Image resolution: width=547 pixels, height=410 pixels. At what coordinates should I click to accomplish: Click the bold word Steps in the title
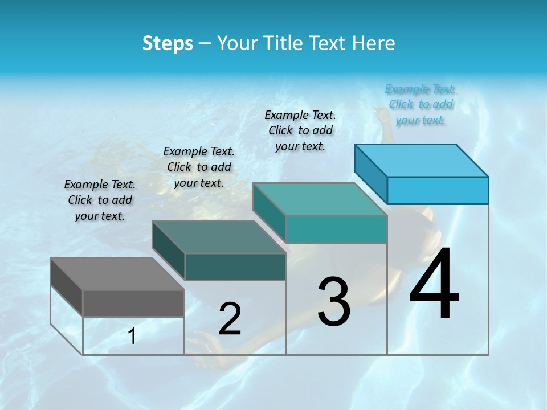(168, 43)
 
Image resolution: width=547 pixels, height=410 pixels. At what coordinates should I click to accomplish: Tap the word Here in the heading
(373, 43)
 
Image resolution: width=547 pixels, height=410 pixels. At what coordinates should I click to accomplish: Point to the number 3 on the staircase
(334, 302)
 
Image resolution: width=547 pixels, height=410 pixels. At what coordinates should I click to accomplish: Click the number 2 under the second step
(230, 319)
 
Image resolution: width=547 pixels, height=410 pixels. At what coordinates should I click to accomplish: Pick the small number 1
(132, 337)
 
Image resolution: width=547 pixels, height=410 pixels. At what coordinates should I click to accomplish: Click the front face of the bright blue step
(438, 190)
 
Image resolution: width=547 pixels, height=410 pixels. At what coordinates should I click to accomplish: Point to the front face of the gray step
(133, 303)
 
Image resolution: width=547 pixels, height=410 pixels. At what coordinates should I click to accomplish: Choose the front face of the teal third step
(336, 229)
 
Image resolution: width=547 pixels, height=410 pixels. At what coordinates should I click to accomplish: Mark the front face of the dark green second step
(235, 266)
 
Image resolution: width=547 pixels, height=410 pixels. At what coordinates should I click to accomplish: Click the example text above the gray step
(100, 200)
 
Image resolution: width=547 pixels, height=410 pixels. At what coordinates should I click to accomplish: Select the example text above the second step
(199, 167)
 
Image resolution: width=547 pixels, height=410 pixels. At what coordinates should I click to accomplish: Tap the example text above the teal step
(300, 130)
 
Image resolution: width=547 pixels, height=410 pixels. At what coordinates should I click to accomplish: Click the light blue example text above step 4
(421, 104)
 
